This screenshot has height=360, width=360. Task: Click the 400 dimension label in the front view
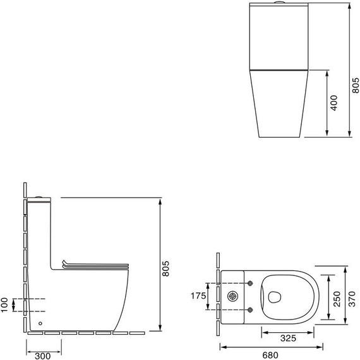[x=333, y=102]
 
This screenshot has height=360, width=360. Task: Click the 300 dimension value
[x=44, y=355]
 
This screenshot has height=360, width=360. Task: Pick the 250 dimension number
[x=337, y=298]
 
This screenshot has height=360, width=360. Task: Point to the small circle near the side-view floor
[x=41, y=323]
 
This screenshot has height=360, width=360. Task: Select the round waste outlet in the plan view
[x=234, y=296]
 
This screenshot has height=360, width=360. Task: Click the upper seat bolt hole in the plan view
[x=251, y=283]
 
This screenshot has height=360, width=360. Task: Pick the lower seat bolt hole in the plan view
[x=251, y=309]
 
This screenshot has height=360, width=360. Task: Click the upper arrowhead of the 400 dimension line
[x=326, y=72]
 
